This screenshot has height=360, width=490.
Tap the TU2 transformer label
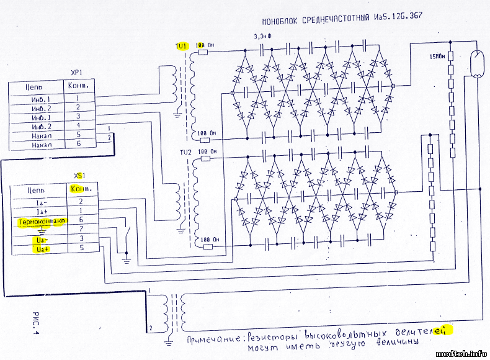[185, 152]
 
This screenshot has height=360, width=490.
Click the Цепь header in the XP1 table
[33, 88]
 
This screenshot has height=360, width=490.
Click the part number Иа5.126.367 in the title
[398, 17]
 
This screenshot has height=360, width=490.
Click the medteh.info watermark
[461, 354]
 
